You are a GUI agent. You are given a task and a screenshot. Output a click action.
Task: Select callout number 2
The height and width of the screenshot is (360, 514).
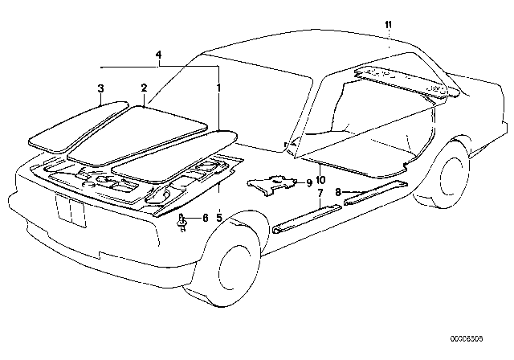tap(144, 87)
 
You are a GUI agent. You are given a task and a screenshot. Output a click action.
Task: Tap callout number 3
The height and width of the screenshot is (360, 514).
tap(100, 87)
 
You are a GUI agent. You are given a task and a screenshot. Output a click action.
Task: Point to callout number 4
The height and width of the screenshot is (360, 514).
tap(160, 54)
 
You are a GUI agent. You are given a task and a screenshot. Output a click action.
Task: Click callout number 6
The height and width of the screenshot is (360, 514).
tap(205, 218)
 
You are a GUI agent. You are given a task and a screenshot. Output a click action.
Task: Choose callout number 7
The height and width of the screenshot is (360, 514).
tap(319, 194)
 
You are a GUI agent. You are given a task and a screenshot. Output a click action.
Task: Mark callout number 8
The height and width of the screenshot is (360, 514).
tap(338, 193)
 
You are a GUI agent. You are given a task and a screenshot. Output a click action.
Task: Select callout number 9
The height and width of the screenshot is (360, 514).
tap(309, 182)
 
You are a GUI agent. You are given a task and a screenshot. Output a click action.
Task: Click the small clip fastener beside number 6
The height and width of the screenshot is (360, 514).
tap(184, 221)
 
